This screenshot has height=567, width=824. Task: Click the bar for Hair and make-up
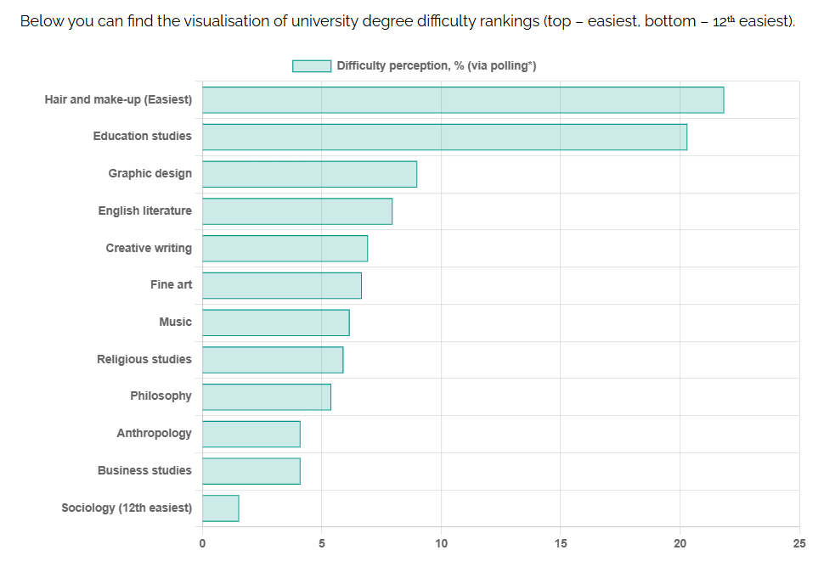pos(463,100)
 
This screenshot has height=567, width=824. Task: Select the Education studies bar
pos(444,137)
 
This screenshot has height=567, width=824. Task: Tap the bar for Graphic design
pos(309,174)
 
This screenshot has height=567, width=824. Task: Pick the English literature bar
pos(297,211)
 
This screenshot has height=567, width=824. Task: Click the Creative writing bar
pos(285,249)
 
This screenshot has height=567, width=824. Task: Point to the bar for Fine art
pos(282,285)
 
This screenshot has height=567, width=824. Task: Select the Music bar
pos(276,323)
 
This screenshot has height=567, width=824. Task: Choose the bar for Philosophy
pos(267,397)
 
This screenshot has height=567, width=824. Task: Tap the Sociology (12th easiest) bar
pos(221,508)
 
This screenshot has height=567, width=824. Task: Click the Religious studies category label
pos(144,359)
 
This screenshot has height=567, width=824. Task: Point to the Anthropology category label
pos(154,433)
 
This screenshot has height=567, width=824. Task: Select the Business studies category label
pos(144,470)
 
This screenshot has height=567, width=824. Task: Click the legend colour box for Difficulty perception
pos(312,65)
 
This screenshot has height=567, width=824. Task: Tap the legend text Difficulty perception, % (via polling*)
pos(437,65)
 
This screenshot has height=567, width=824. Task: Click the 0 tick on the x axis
pos(202,544)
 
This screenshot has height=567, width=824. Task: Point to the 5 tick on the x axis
pos(322,544)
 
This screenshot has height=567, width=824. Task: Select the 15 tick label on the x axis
pos(561,544)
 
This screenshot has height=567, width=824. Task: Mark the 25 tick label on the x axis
pos(799,544)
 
